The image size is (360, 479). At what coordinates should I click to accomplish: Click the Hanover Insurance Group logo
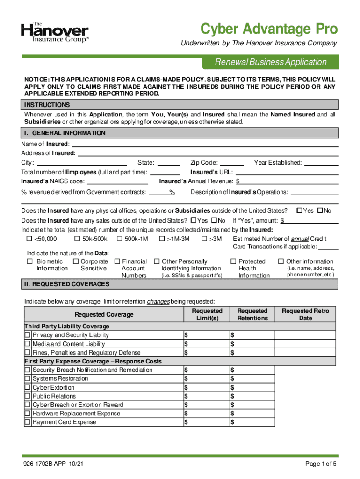pyautogui.click(x=55, y=33)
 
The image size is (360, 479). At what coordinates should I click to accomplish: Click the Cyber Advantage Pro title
pyautogui.click(x=268, y=29)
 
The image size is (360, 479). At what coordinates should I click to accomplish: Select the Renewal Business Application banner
pyautogui.click(x=270, y=62)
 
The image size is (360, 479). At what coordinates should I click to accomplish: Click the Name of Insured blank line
pyautogui.click(x=204, y=144)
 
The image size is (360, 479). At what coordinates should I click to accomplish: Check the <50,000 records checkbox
pyautogui.click(x=29, y=239)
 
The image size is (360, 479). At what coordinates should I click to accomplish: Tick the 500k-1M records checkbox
pyautogui.click(x=120, y=239)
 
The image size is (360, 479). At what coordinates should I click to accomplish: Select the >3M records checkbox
pyautogui.click(x=204, y=239)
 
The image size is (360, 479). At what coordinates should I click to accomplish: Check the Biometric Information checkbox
pyautogui.click(x=30, y=261)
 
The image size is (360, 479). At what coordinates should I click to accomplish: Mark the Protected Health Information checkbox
pyautogui.click(x=233, y=261)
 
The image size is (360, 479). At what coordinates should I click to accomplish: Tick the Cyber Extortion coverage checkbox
pyautogui.click(x=28, y=388)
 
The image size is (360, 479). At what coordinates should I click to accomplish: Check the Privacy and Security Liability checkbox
pyautogui.click(x=28, y=335)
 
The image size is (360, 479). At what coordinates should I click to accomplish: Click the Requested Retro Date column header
pyautogui.click(x=305, y=314)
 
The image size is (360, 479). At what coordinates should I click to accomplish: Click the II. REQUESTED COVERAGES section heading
pyautogui.click(x=67, y=284)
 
